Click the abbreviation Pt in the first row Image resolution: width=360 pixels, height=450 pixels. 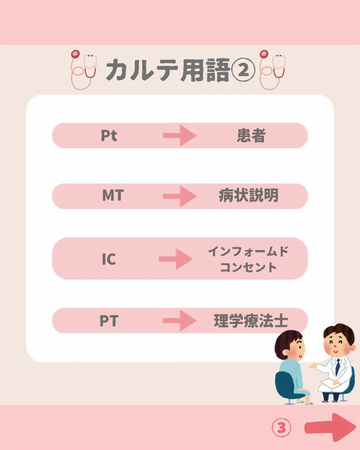tap(109, 136)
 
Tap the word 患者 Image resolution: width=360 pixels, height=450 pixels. tap(251, 136)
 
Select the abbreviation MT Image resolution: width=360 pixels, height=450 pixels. tap(113, 195)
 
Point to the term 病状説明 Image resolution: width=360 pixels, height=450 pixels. tap(249, 195)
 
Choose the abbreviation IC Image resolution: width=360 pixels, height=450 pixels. tap(109, 259)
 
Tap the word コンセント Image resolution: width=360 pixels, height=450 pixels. tap(248, 267)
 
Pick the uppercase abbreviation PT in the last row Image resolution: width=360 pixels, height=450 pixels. tap(109, 321)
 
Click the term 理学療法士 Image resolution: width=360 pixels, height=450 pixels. tap(251, 321)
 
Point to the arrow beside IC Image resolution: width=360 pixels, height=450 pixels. tap(176, 259)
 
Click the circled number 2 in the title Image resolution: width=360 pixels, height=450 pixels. tap(243, 70)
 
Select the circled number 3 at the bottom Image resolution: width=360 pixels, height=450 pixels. tap(281, 428)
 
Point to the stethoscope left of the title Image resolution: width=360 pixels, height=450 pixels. tap(84, 70)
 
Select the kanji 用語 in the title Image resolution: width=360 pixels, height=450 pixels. tap(205, 70)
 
